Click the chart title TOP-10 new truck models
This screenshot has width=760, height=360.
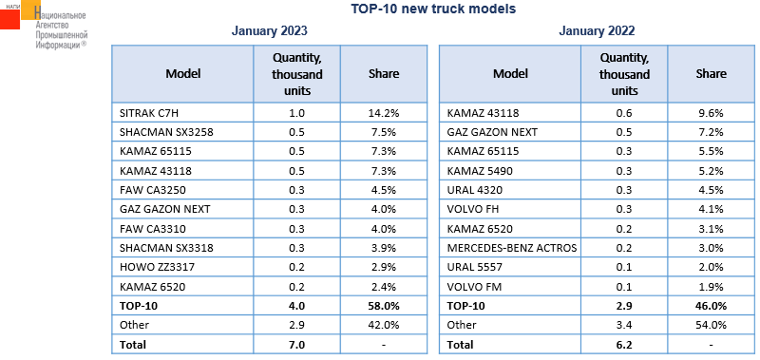coord(433,9)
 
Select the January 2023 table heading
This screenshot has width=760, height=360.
coord(269,31)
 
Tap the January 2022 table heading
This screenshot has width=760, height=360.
coord(597,31)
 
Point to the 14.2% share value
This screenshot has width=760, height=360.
coord(384,113)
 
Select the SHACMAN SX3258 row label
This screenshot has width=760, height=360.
coord(166,132)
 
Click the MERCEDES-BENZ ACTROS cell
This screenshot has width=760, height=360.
coord(512,248)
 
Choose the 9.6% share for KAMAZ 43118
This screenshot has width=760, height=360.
coord(711,113)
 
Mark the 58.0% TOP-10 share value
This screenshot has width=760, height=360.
coord(384,306)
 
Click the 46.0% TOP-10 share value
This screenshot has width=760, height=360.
coord(711,306)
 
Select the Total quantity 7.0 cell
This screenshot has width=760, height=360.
coord(296,345)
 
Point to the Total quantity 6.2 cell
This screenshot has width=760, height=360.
coord(624,345)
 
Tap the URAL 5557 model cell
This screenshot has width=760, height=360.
coord(474,268)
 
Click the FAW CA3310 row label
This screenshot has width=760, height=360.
coord(153,229)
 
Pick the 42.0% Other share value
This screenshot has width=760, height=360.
coord(384,325)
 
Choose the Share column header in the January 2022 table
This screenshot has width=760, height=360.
coord(711,74)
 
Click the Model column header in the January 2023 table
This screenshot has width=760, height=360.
coord(183,74)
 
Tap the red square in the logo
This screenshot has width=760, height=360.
coord(9,19)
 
